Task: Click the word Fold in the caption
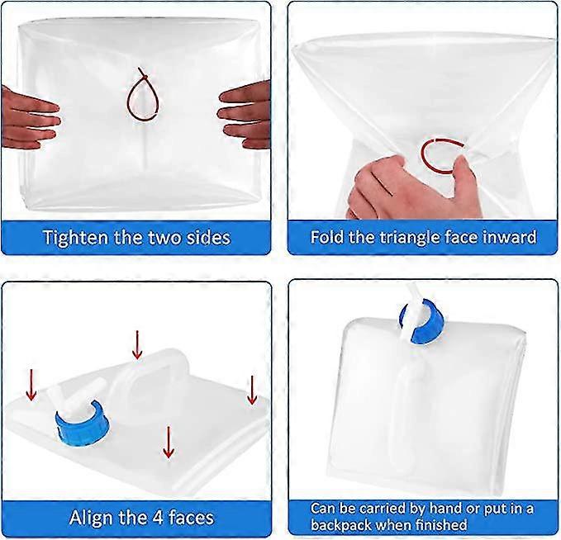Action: (x=328, y=238)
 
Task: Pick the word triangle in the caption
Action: (x=410, y=238)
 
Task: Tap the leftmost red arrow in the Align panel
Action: (x=31, y=384)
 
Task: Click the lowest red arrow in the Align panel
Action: (x=169, y=441)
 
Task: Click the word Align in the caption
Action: (x=93, y=518)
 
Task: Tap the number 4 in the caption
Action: (x=159, y=518)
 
